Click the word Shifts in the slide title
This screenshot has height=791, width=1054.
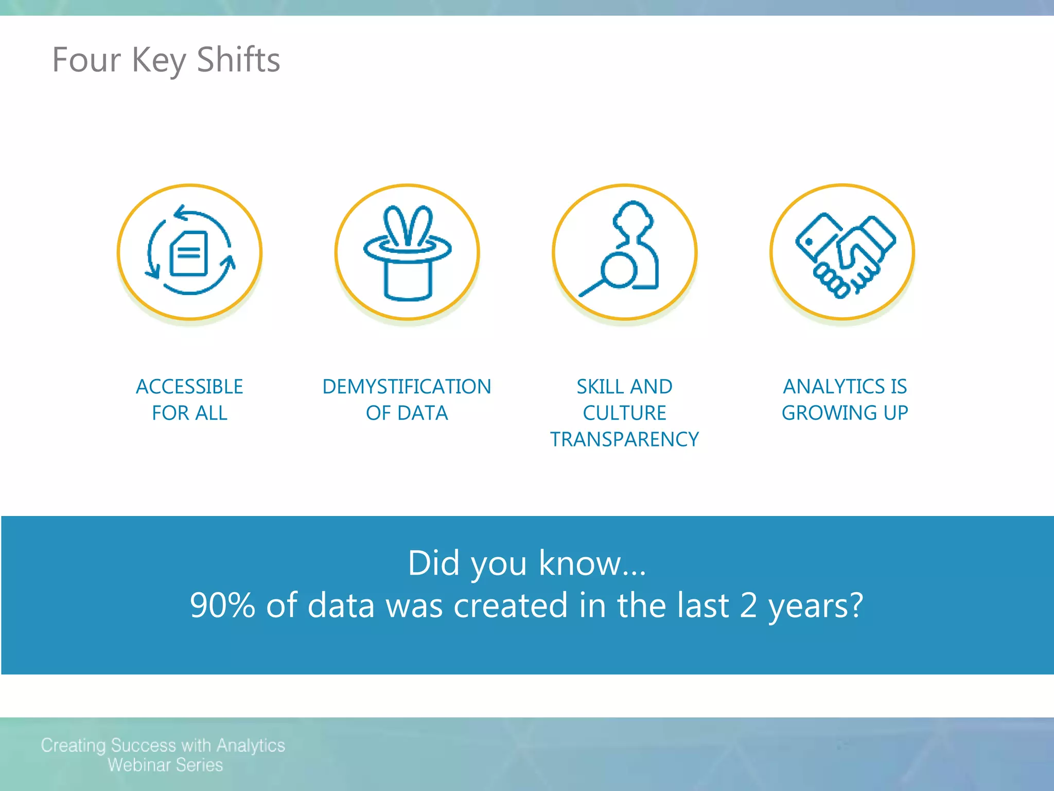[238, 60]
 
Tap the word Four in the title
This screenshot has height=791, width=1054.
[86, 60]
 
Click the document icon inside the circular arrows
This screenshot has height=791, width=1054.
[189, 253]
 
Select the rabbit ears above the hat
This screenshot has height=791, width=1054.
[408, 226]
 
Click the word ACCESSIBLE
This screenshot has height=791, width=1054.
[189, 387]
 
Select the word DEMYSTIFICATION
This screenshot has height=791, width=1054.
[407, 387]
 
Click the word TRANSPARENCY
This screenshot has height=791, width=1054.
[624, 439]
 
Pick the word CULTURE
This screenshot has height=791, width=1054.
[624, 413]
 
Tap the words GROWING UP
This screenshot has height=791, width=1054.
[845, 413]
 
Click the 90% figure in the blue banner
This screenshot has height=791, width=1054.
[222, 605]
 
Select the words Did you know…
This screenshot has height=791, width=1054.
[526, 563]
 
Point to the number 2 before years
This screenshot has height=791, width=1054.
[748, 605]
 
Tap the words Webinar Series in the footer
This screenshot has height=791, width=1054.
[165, 765]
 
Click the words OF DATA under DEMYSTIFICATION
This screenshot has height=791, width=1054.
[407, 413]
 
